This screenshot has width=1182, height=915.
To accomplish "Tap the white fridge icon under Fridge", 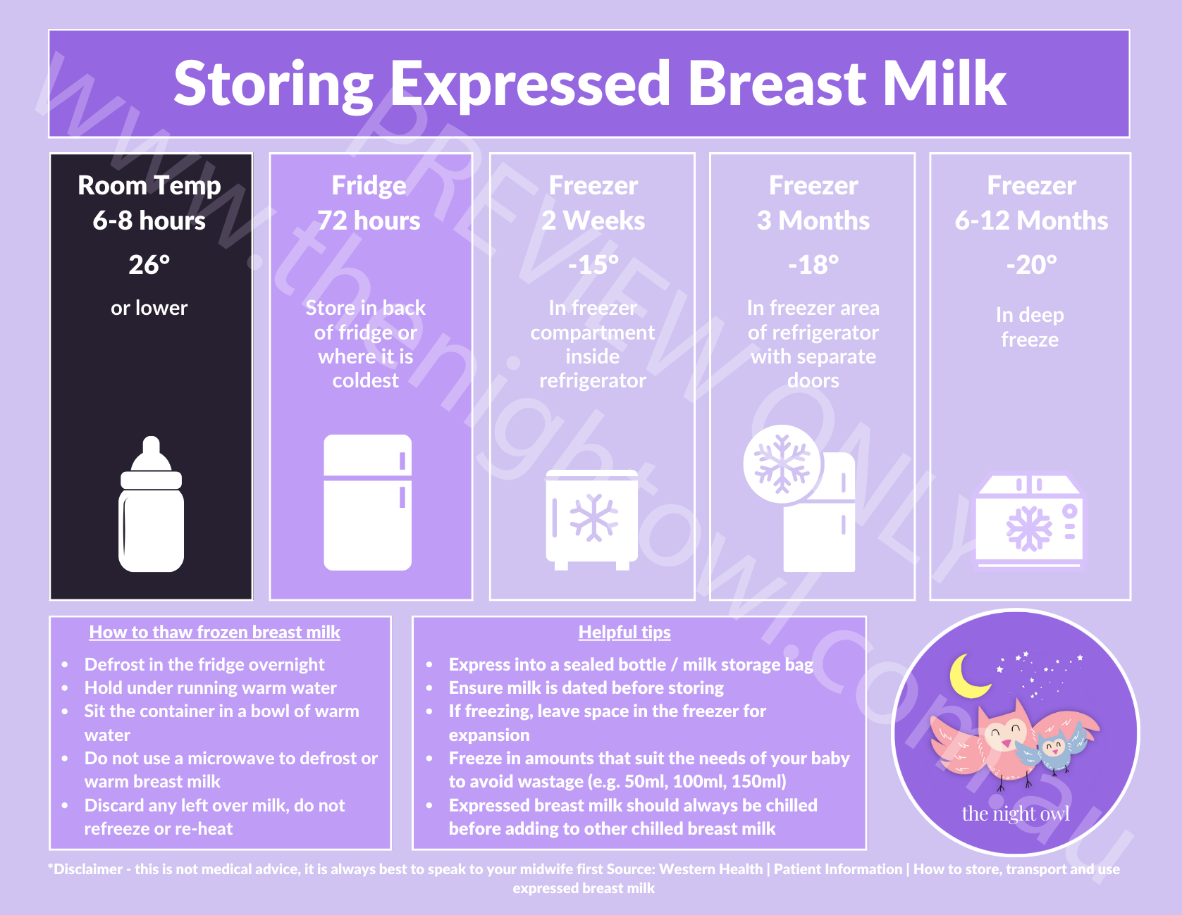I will click(x=367, y=502).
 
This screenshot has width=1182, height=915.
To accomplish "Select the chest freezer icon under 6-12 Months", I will click(x=1029, y=522).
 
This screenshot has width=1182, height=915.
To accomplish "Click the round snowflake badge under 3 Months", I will click(x=782, y=464).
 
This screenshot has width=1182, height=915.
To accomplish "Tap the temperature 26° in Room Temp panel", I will click(x=149, y=265).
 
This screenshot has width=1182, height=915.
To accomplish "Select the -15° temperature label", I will click(x=593, y=265).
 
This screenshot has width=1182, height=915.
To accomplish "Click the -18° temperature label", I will click(x=813, y=265).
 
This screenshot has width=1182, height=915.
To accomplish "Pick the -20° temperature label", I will click(x=1031, y=265).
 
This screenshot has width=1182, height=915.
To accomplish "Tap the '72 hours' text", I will click(x=369, y=221).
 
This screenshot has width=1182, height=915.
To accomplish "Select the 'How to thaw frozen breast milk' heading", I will click(x=214, y=632).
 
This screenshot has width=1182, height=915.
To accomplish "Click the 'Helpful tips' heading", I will click(x=624, y=632).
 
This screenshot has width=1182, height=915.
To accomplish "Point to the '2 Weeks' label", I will click(x=593, y=221).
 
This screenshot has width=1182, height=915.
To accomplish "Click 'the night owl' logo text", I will click(x=1016, y=814).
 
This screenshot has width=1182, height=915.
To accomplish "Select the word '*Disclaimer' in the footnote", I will click(x=85, y=869).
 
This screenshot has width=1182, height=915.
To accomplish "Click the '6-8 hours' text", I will click(x=149, y=221).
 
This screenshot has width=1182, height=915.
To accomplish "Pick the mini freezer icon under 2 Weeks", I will click(x=591, y=519).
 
